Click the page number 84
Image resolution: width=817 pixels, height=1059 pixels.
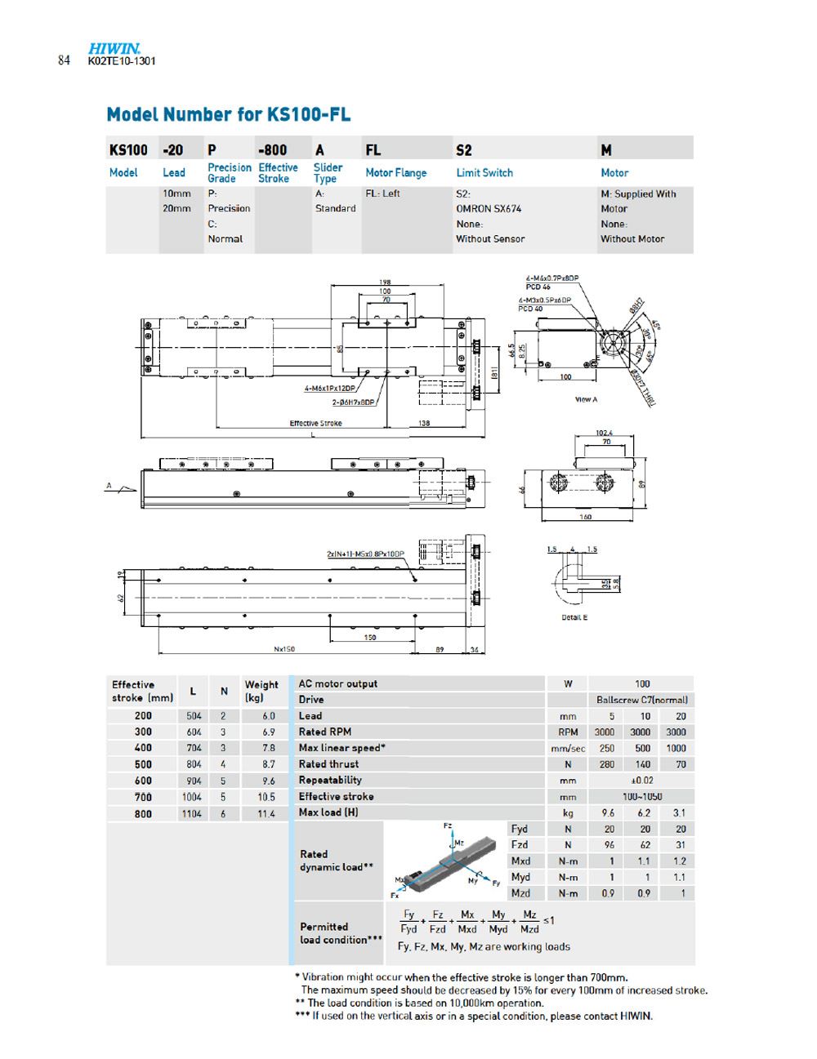coord(65,61)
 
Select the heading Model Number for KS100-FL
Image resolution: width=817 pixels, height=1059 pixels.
coord(229,114)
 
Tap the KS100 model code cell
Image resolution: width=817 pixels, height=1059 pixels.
coord(128,150)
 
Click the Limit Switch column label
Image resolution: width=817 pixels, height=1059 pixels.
coord(484,173)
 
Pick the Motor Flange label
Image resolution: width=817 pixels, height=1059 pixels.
coord(395,173)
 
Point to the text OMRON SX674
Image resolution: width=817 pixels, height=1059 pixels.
coord(489,209)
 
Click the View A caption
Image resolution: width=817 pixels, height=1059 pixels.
coord(586,399)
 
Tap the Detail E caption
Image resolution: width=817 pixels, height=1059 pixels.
coord(574,617)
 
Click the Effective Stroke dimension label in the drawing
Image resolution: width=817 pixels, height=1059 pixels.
coord(316,423)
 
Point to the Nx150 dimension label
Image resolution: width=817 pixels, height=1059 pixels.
coord(284,650)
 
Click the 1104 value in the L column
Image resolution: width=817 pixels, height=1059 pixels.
coord(192,813)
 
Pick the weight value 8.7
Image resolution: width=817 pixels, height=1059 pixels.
coord(266,764)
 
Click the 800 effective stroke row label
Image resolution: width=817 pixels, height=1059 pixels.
coord(143,813)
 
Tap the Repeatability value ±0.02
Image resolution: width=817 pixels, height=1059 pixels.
coord(642,781)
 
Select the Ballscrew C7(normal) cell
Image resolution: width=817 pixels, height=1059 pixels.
coord(642,700)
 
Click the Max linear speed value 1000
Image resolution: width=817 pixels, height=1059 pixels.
coord(676,748)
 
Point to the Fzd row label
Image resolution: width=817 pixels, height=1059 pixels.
coord(520,845)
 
